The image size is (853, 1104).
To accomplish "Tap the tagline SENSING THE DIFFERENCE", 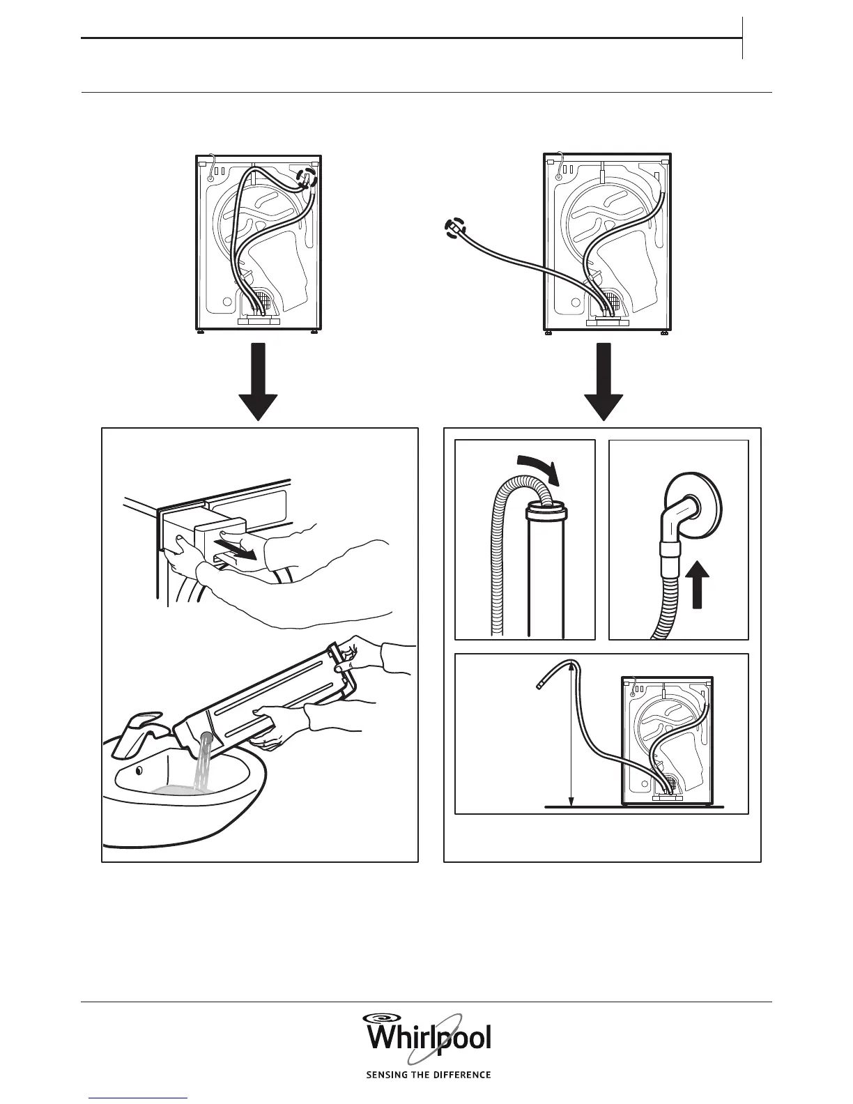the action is click(x=429, y=1075).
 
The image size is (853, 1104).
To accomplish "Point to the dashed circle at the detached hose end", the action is click(x=454, y=228).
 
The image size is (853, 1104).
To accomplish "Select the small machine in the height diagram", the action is click(x=666, y=739).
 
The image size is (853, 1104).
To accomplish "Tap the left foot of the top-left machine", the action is click(x=201, y=332).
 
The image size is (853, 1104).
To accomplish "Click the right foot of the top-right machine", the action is click(x=663, y=333).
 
